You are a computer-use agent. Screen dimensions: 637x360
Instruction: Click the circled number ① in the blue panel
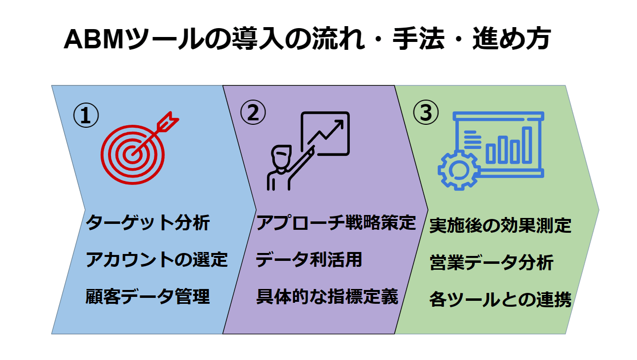point(86,115)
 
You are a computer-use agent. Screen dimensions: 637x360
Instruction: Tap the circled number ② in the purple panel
point(253,112)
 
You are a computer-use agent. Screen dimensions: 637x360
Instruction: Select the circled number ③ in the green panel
point(426,112)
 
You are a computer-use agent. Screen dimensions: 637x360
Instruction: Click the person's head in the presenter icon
point(281,157)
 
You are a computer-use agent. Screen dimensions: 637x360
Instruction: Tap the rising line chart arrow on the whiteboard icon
point(326,132)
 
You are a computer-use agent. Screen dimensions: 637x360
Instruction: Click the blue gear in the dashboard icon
point(458,170)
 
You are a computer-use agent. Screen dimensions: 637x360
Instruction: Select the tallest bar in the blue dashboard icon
point(527,145)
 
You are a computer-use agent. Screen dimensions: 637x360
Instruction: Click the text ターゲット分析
point(148,222)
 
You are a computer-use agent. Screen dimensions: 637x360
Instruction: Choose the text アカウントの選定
point(157,259)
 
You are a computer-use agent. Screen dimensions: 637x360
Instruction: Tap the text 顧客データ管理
point(148,296)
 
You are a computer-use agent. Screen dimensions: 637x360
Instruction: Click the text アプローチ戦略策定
point(336,222)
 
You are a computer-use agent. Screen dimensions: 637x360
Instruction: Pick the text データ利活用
point(309,259)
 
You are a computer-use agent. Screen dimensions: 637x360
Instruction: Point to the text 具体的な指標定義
point(327,296)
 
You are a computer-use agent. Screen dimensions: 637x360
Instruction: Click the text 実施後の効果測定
point(500,225)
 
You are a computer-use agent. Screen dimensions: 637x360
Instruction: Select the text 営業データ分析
point(491,262)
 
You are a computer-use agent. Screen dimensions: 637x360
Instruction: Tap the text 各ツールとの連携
point(500,299)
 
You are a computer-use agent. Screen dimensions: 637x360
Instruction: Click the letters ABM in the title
point(94,39)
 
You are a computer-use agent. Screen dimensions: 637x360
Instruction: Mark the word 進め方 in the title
point(512,38)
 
